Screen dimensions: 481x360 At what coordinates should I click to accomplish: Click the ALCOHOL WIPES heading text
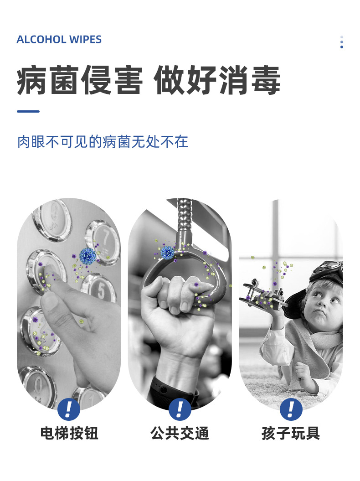tap(59, 40)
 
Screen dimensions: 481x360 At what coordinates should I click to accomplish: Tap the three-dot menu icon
tap(342, 42)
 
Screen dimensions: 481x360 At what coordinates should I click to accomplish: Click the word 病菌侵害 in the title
tap(80, 81)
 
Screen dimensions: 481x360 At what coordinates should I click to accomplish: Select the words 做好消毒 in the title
tap(217, 81)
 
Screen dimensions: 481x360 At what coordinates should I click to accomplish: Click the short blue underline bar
tap(28, 111)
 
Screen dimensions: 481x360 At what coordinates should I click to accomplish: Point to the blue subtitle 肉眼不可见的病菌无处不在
tap(103, 141)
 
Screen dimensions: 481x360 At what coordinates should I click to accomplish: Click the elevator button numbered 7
tap(103, 240)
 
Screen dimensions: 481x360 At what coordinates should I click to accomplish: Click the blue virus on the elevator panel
tap(87, 256)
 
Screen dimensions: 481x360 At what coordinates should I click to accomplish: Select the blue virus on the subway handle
tap(168, 252)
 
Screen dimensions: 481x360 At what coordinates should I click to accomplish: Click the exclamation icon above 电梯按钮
tap(69, 409)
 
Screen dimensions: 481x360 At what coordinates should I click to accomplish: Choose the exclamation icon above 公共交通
tap(180, 409)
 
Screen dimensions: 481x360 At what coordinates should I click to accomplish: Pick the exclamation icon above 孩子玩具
tap(291, 409)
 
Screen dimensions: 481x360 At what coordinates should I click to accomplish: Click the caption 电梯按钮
tap(69, 433)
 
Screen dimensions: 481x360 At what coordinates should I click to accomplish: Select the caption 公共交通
tap(180, 433)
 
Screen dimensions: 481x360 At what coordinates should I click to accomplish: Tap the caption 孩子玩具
tap(291, 433)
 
